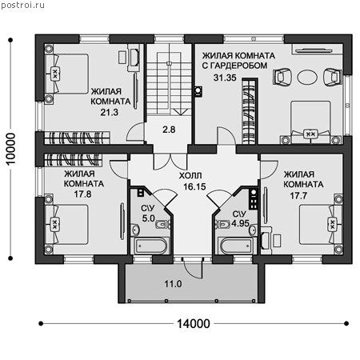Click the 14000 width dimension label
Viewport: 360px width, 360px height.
pos(194,324)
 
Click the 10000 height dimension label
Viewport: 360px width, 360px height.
pos(11,149)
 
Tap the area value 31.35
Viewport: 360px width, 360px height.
pos(225,78)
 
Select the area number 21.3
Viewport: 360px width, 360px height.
pos(109,112)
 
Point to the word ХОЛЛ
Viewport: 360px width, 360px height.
pos(190,176)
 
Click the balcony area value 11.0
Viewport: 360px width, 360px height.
pos(173,284)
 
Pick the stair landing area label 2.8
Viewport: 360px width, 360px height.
pos(169,130)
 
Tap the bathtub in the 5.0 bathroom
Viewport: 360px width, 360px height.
pos(150,246)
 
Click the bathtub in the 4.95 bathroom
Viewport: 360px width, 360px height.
pos(235,246)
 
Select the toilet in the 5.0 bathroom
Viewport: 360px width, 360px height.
pos(162,225)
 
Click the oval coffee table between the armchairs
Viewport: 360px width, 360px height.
pos(307,78)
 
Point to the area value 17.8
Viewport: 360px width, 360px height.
pos(82,194)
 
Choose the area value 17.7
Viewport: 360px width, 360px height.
pos(298,196)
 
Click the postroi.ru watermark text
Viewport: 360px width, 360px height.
pos(23,5)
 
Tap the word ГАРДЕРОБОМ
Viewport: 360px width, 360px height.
pos(238,66)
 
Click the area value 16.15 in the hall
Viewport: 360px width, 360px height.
pos(194,186)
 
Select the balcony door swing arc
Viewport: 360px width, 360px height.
pos(193,273)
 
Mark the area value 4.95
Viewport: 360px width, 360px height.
pos(240,223)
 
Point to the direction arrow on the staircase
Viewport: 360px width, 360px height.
pos(181,112)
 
